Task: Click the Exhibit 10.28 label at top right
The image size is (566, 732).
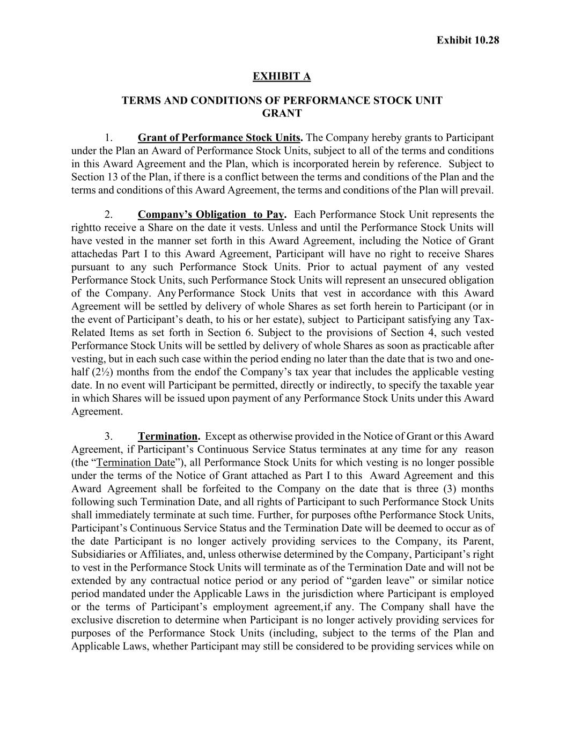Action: [x=467, y=40]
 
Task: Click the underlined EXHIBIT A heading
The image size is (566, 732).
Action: [x=282, y=76]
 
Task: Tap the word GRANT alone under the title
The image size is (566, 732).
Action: [x=282, y=113]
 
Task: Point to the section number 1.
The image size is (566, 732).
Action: [x=109, y=138]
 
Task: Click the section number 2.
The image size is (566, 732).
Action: [x=109, y=215]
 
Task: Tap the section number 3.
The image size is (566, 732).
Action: [x=109, y=437]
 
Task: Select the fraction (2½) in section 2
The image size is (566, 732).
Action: [x=98, y=372]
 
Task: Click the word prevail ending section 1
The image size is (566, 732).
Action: [x=477, y=190]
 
